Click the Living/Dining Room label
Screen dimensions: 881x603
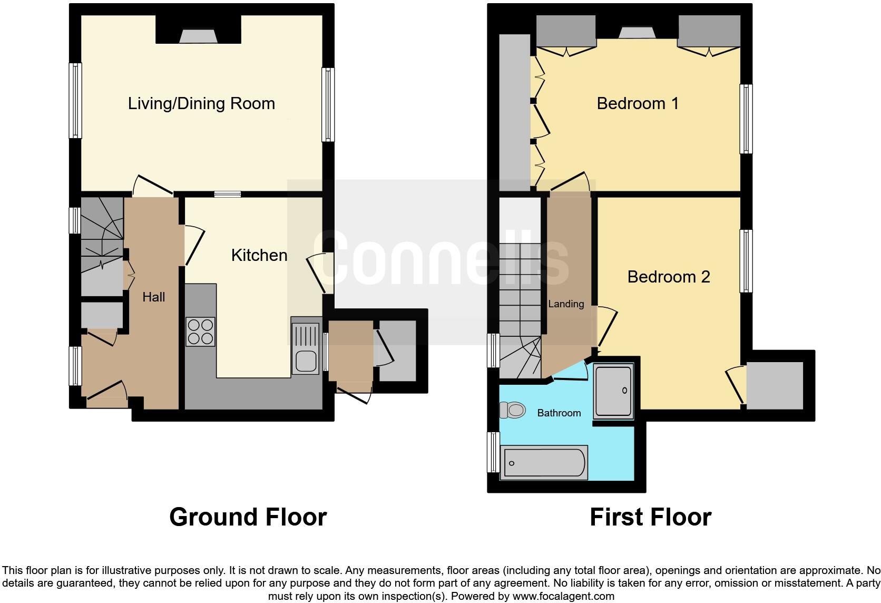coord(201,104)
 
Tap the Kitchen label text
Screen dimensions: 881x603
coord(259,255)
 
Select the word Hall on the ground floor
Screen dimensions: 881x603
coord(154,297)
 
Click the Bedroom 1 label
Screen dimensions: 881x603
coord(638,103)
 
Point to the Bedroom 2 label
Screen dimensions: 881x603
coord(669,277)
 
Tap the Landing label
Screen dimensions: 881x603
coord(566,304)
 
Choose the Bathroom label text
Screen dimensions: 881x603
coord(559,413)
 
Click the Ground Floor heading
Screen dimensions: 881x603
coord(248,517)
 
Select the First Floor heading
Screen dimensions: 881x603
coord(651,517)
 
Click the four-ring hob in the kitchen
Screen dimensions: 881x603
coord(201,332)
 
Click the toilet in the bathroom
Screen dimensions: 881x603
coord(513,410)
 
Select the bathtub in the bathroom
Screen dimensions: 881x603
coord(544,463)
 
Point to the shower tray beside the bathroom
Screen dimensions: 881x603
coord(613,391)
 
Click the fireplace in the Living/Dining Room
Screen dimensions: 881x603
coord(198,36)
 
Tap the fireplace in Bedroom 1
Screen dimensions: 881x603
coord(637,32)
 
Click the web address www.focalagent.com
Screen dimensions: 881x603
coord(563,596)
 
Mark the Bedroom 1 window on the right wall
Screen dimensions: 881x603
coord(746,119)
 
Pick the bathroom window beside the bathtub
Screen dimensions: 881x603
coord(494,452)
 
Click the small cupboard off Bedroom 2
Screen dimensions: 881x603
coord(775,385)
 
